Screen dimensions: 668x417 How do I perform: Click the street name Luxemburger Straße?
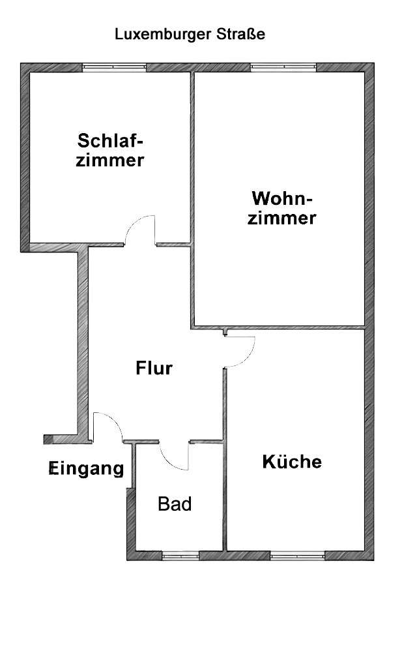tap(190, 35)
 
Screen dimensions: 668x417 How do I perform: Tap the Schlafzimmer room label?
tap(110, 151)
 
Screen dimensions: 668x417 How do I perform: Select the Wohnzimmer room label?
tap(283, 208)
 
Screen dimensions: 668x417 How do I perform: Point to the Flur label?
tap(154, 369)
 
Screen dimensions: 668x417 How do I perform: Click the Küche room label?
tap(292, 462)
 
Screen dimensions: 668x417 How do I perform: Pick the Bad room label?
tap(175, 504)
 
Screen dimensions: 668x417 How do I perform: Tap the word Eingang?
tap(87, 468)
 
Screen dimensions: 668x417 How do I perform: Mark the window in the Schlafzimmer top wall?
tap(113, 67)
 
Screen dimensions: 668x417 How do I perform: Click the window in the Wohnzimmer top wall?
tap(283, 67)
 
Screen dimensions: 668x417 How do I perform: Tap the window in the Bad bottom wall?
tap(180, 556)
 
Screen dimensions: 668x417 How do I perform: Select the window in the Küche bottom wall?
tap(298, 556)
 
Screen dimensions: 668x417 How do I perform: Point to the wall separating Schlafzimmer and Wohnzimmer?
tap(192, 157)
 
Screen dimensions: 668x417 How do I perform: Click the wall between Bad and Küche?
tap(225, 496)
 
